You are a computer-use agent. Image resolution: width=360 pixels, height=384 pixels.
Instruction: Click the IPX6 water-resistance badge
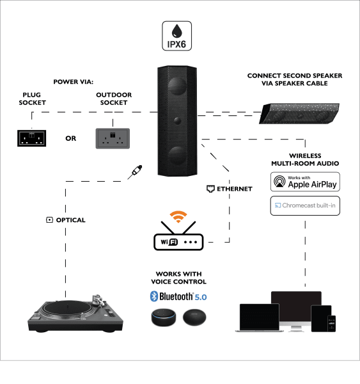(176, 36)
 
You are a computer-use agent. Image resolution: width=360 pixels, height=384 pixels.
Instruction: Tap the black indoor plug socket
(31, 138)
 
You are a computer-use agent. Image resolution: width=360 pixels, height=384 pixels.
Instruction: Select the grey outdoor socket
(113, 138)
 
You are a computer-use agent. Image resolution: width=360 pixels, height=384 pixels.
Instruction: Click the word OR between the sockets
(71, 138)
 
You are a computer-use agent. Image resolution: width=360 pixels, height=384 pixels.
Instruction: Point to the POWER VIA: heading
(74, 82)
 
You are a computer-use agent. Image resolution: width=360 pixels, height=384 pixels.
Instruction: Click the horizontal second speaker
(299, 113)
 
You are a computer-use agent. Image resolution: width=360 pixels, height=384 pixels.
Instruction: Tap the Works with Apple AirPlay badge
(305, 182)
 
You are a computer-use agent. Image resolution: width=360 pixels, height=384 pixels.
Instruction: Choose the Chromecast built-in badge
(305, 205)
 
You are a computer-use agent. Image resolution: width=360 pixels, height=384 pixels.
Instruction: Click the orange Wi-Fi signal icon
(178, 216)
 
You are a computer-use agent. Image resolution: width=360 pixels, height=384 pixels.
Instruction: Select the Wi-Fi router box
(178, 242)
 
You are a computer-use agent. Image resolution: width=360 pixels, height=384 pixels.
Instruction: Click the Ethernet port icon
(210, 189)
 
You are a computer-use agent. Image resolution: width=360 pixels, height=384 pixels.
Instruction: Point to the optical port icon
(49, 220)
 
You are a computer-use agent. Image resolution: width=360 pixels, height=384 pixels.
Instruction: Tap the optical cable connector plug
(135, 172)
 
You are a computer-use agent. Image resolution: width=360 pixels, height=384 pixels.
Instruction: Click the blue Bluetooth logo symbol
(153, 296)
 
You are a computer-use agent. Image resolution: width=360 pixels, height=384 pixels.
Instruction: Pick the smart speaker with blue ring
(164, 317)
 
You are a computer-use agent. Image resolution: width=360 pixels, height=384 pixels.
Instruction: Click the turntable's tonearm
(98, 301)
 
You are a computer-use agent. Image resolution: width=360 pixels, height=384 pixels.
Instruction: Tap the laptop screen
(260, 317)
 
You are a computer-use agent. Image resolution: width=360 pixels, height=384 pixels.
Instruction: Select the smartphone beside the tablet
(332, 323)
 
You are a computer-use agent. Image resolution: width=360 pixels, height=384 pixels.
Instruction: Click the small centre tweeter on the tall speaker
(177, 120)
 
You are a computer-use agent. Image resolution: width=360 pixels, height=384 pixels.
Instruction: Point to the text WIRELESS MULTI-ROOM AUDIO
(305, 159)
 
